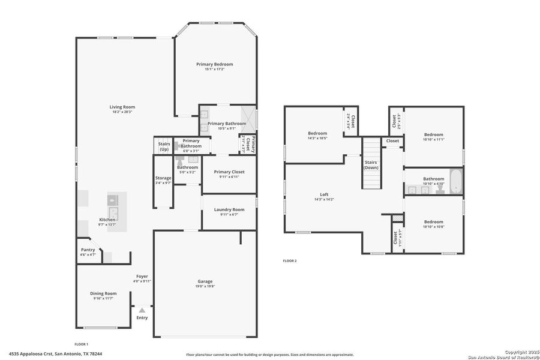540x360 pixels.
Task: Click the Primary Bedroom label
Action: pyautogui.click(x=214, y=64)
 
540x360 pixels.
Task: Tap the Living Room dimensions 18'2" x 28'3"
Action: pyautogui.click(x=122, y=112)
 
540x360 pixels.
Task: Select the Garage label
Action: pyautogui.click(x=205, y=281)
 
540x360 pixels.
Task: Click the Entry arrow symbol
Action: pyautogui.click(x=142, y=310)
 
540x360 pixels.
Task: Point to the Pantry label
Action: pyautogui.click(x=88, y=250)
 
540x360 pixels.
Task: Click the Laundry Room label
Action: pyautogui.click(x=229, y=209)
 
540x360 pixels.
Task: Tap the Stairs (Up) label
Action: pyautogui.click(x=164, y=146)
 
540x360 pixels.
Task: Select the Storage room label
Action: pyautogui.click(x=163, y=178)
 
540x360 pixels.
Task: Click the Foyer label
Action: pyautogui.click(x=142, y=276)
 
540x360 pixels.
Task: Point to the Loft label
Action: pyautogui.click(x=324, y=194)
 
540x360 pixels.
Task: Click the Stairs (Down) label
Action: pyautogui.click(x=371, y=165)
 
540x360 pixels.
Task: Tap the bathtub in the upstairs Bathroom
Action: pyautogui.click(x=456, y=182)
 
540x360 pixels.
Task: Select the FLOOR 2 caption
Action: pyautogui.click(x=290, y=260)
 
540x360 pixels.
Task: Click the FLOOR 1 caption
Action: pyautogui.click(x=81, y=344)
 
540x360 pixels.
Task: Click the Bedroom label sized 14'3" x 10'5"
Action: pyautogui.click(x=317, y=133)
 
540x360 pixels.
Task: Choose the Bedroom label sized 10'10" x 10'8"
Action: pyautogui.click(x=433, y=221)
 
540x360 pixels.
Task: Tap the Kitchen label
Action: pyautogui.click(x=107, y=220)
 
